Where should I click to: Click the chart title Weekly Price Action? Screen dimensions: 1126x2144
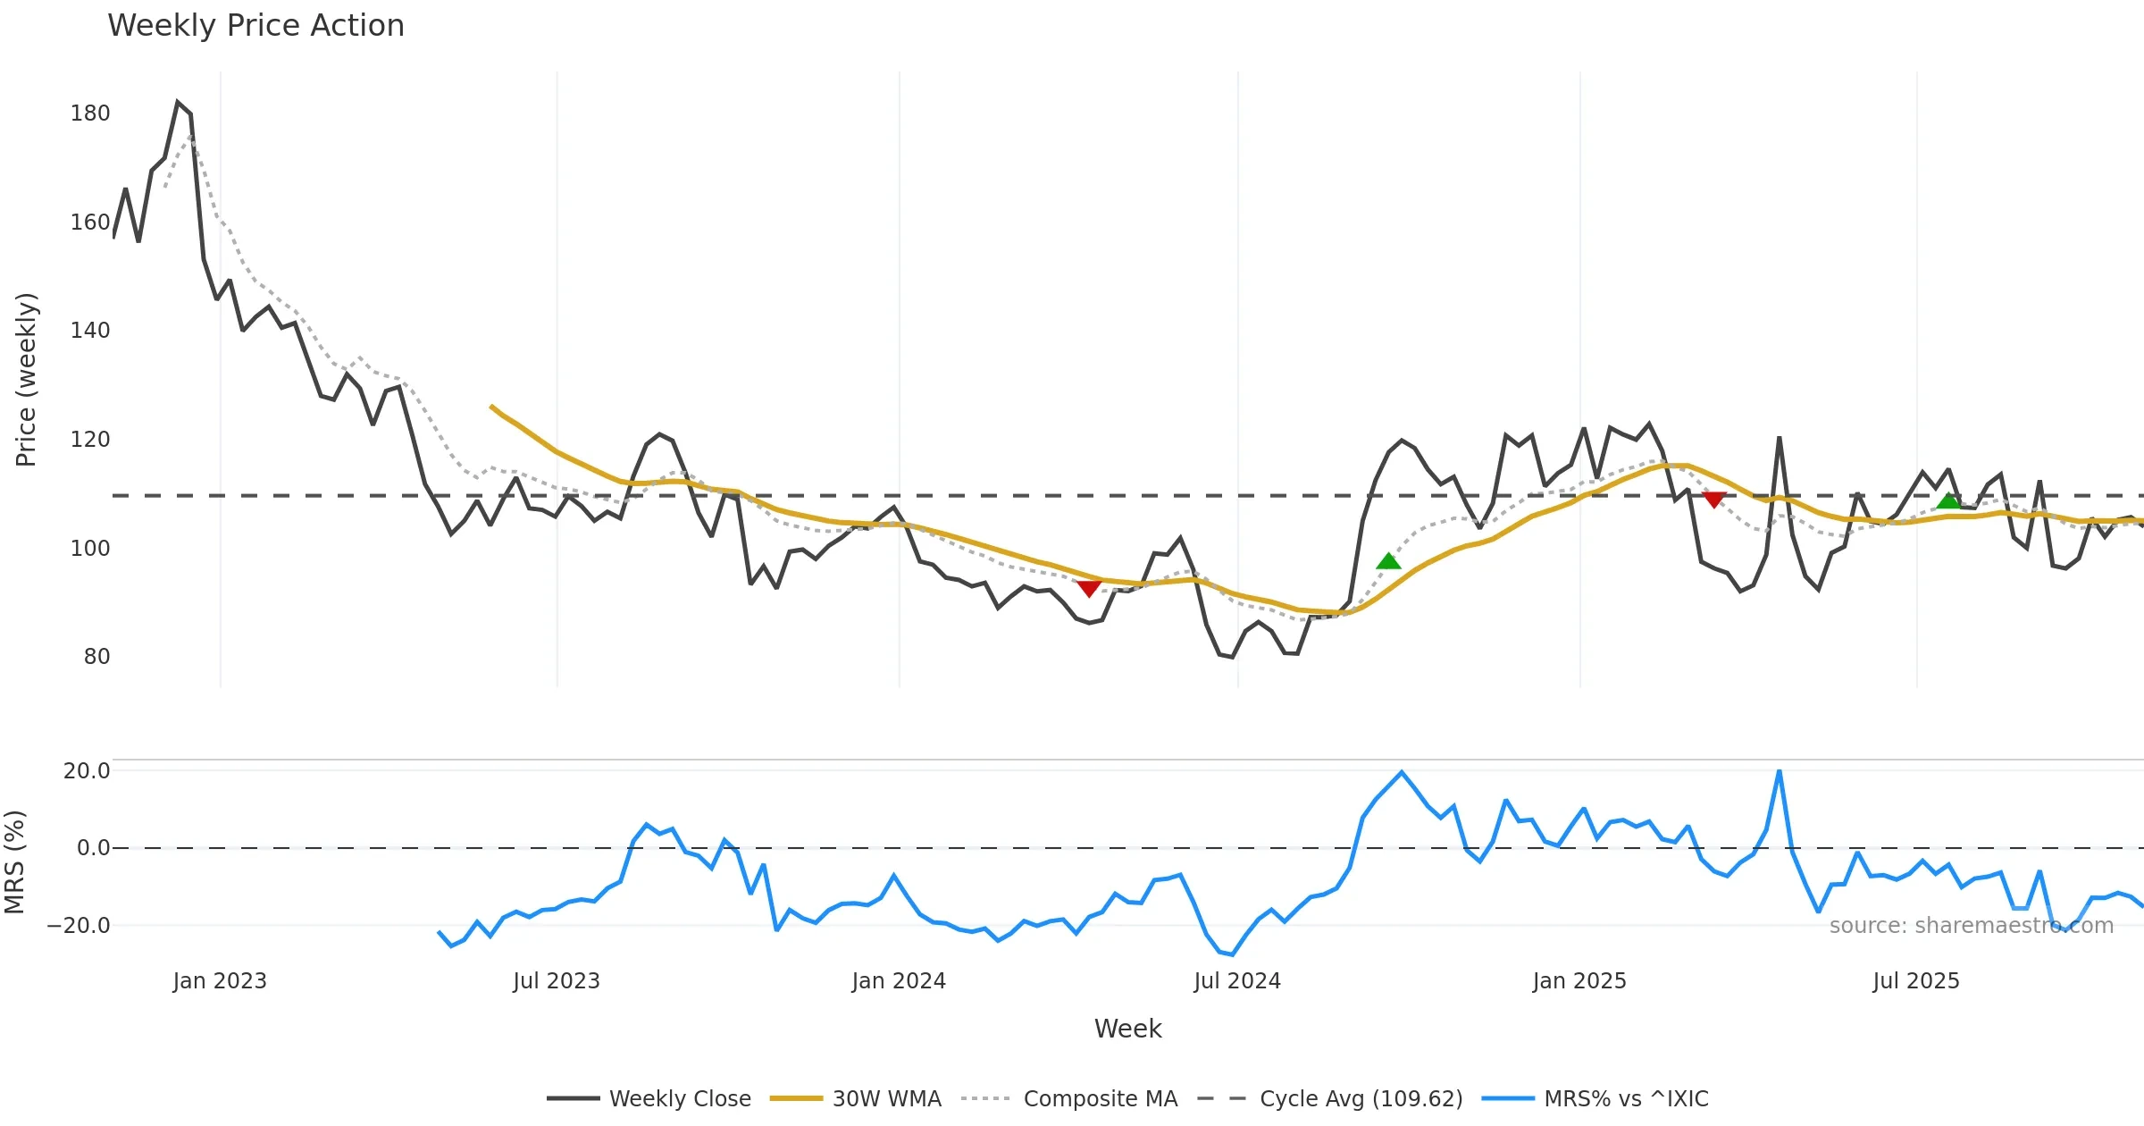255,26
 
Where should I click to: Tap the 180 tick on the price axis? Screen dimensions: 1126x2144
90,113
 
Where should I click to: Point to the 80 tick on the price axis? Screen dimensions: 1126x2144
96,657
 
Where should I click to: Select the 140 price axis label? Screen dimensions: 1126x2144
90,331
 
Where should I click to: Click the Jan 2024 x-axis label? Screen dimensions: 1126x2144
898,981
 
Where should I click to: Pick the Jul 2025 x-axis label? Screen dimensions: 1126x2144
1915,981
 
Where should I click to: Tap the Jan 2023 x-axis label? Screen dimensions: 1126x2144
220,981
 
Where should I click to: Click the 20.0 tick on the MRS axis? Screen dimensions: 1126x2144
87,771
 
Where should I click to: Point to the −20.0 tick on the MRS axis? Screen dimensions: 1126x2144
79,926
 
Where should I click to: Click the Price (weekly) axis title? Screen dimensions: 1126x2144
27,380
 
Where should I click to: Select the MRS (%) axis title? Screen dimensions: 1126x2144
15,862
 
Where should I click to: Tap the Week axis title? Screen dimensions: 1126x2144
1127,1029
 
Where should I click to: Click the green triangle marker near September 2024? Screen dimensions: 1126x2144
1388,561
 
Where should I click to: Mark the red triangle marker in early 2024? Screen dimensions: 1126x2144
1088,587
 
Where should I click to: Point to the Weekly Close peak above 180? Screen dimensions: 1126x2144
178,102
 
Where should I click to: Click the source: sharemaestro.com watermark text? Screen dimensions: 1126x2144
1971,926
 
